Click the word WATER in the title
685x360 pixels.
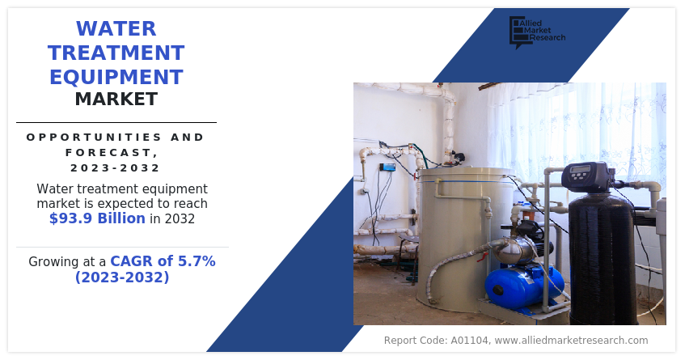[x=116, y=29]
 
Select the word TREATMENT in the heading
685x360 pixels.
[x=116, y=53]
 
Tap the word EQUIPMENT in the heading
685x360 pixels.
[x=116, y=77]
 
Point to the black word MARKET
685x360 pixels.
[x=116, y=100]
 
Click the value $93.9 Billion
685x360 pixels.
[x=97, y=218]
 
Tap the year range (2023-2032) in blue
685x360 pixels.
[x=122, y=277]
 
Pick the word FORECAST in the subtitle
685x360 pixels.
[x=108, y=152]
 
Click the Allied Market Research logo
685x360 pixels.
[x=537, y=32]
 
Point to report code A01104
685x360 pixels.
[x=470, y=341]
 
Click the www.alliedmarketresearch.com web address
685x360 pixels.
[x=572, y=341]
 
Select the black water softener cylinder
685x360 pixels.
[x=602, y=259]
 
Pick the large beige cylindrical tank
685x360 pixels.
[x=463, y=238]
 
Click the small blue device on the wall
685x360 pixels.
[x=387, y=167]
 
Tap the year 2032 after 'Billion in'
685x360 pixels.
[x=180, y=218]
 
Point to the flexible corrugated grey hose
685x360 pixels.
[x=455, y=266]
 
